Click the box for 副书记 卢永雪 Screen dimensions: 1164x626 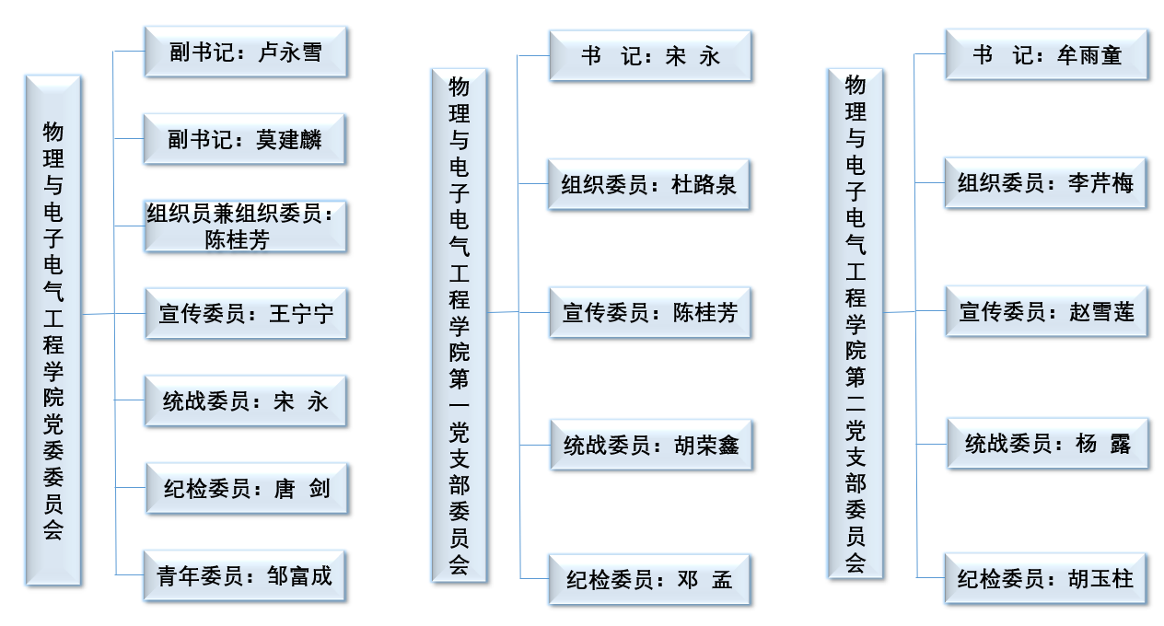[x=246, y=52]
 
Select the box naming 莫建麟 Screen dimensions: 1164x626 [x=244, y=139]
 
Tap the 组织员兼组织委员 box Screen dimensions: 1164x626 [x=245, y=226]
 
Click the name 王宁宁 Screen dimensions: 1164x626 [x=301, y=314]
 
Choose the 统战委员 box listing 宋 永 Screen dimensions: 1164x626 [x=245, y=401]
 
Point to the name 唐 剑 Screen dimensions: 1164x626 [x=302, y=489]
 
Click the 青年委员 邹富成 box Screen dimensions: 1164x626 [x=244, y=576]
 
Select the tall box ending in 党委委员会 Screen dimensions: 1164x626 [x=53, y=330]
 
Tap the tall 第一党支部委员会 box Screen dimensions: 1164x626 [x=459, y=325]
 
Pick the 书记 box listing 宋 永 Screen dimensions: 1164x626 [x=650, y=55]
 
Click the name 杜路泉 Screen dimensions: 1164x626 [x=704, y=185]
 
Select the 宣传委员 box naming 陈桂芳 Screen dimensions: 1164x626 [x=650, y=313]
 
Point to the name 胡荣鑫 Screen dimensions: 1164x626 [x=706, y=446]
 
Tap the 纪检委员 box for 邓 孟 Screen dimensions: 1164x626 [x=649, y=580]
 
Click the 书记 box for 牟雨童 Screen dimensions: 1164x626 [x=1046, y=54]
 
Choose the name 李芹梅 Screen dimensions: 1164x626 [x=1100, y=183]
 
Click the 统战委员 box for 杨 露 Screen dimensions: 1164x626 [x=1048, y=444]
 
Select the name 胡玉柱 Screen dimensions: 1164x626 [x=1100, y=579]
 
